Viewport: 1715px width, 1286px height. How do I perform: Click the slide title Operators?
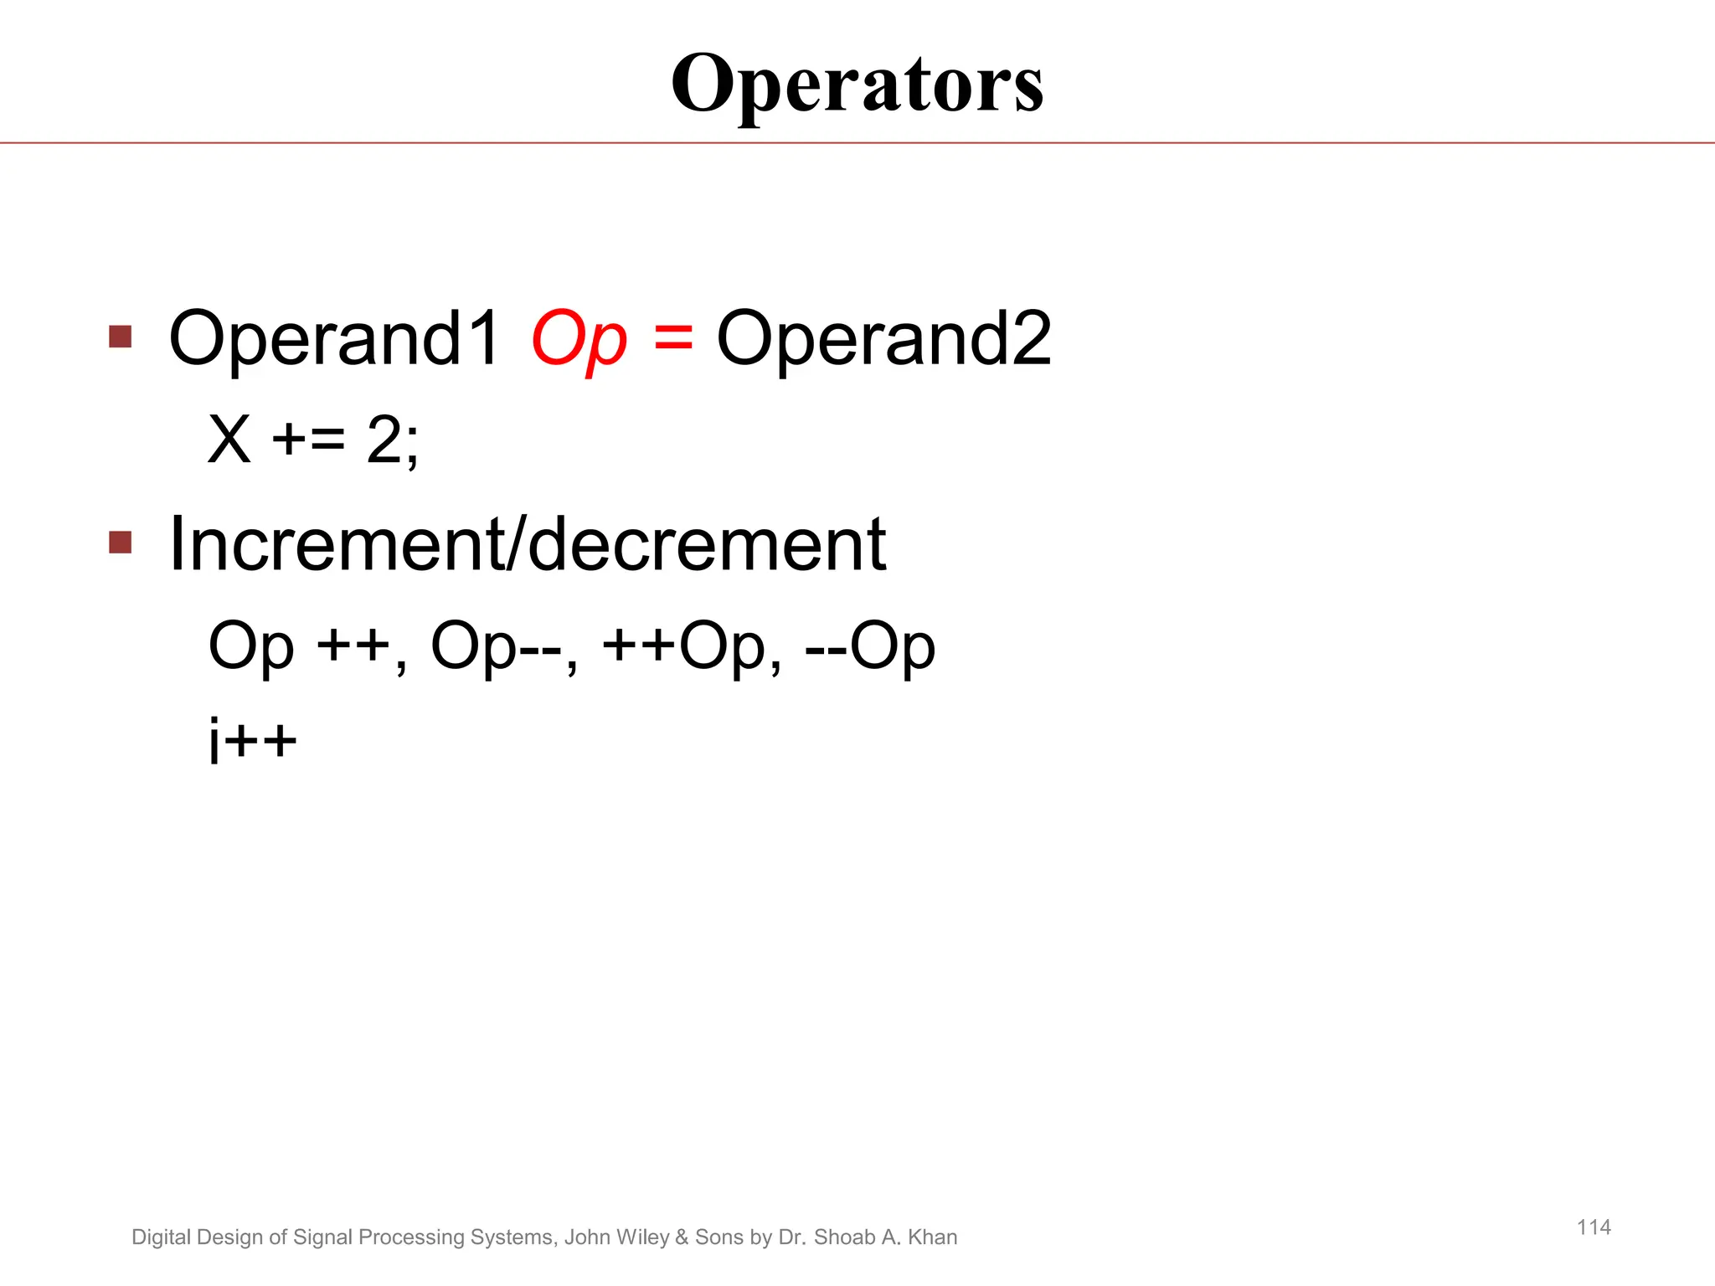[857, 84]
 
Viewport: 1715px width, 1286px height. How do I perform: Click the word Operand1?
[334, 338]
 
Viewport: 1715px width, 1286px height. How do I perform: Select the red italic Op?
[579, 340]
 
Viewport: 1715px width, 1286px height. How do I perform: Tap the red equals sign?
[673, 338]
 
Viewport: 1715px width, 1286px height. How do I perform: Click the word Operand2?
[883, 338]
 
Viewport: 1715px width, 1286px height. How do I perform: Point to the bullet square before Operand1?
[121, 337]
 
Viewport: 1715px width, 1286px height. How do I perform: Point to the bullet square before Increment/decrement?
[121, 543]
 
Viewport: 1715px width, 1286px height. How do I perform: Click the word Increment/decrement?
[527, 544]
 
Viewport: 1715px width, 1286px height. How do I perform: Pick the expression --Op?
[869, 646]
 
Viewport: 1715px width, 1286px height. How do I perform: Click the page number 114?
[1594, 1227]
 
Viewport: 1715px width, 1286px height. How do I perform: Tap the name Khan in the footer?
[933, 1237]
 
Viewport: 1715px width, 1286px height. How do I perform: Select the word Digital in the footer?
[162, 1237]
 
